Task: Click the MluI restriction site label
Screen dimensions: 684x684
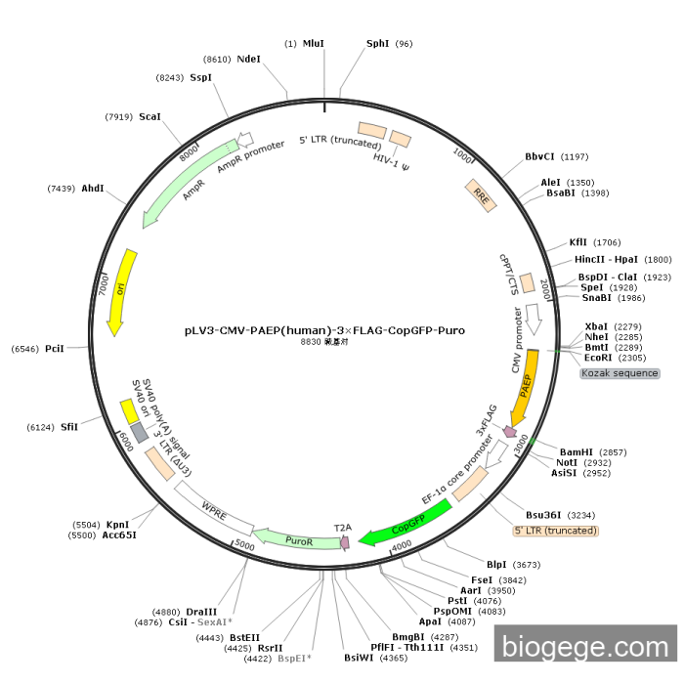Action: [x=313, y=44]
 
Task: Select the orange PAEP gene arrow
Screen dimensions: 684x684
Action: [x=525, y=384]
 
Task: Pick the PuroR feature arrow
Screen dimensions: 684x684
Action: [x=297, y=539]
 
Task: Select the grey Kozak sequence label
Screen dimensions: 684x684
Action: [x=620, y=373]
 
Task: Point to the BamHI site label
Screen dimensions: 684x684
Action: [x=577, y=452]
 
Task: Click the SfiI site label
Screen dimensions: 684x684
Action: [x=69, y=426]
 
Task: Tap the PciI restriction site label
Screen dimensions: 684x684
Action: [x=55, y=349]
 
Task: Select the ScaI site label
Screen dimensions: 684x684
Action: [x=150, y=117]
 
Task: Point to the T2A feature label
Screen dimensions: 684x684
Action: [x=343, y=528]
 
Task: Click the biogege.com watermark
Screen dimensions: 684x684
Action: [x=584, y=646]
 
